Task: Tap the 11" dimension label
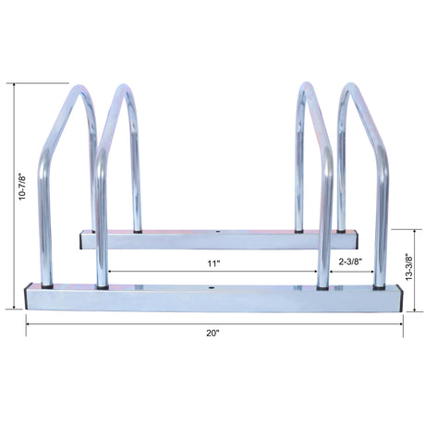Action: pyautogui.click(x=213, y=262)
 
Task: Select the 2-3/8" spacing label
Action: pyautogui.click(x=349, y=262)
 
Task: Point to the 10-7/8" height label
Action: pyautogui.click(x=10, y=198)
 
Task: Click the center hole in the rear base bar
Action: pyautogui.click(x=217, y=233)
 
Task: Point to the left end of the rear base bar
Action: pyautogui.click(x=82, y=239)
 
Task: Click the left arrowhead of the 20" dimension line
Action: pyautogui.click(x=28, y=322)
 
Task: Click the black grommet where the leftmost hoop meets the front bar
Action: pyautogui.click(x=45, y=285)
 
